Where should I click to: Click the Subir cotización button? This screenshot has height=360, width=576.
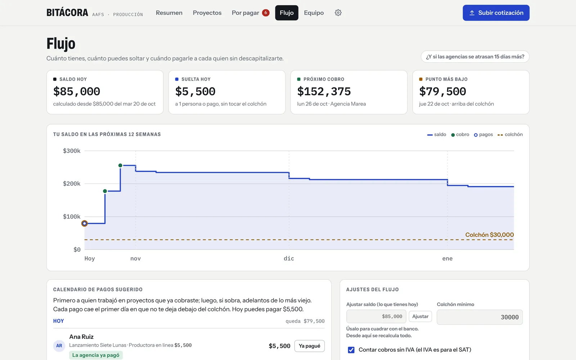tap(496, 13)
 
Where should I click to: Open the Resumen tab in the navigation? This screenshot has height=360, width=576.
tap(169, 13)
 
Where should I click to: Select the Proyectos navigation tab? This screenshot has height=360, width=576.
tap(207, 13)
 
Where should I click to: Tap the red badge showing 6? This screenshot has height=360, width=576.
tap(266, 13)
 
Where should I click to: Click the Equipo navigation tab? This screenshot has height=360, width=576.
tap(314, 13)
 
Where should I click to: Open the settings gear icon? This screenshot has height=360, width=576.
tap(338, 13)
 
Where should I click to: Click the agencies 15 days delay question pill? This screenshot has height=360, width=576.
tap(475, 57)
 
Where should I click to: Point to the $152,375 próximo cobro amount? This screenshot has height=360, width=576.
tap(324, 91)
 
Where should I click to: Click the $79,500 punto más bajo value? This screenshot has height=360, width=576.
tap(442, 91)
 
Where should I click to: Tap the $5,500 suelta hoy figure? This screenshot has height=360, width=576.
tap(195, 91)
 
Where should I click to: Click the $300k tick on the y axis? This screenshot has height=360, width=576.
tap(72, 151)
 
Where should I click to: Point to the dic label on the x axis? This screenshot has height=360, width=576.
tap(289, 258)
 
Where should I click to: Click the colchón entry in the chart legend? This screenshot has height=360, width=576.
tap(510, 135)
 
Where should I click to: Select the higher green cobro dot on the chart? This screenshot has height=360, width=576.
tap(120, 165)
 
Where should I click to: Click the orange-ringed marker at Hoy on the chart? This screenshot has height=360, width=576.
tap(84, 224)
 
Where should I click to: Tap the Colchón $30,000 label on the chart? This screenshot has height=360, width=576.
tap(489, 235)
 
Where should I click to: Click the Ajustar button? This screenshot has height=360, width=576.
tap(420, 316)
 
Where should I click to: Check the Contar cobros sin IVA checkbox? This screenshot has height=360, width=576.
tap(351, 350)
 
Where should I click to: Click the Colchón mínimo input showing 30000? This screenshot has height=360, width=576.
tap(480, 317)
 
